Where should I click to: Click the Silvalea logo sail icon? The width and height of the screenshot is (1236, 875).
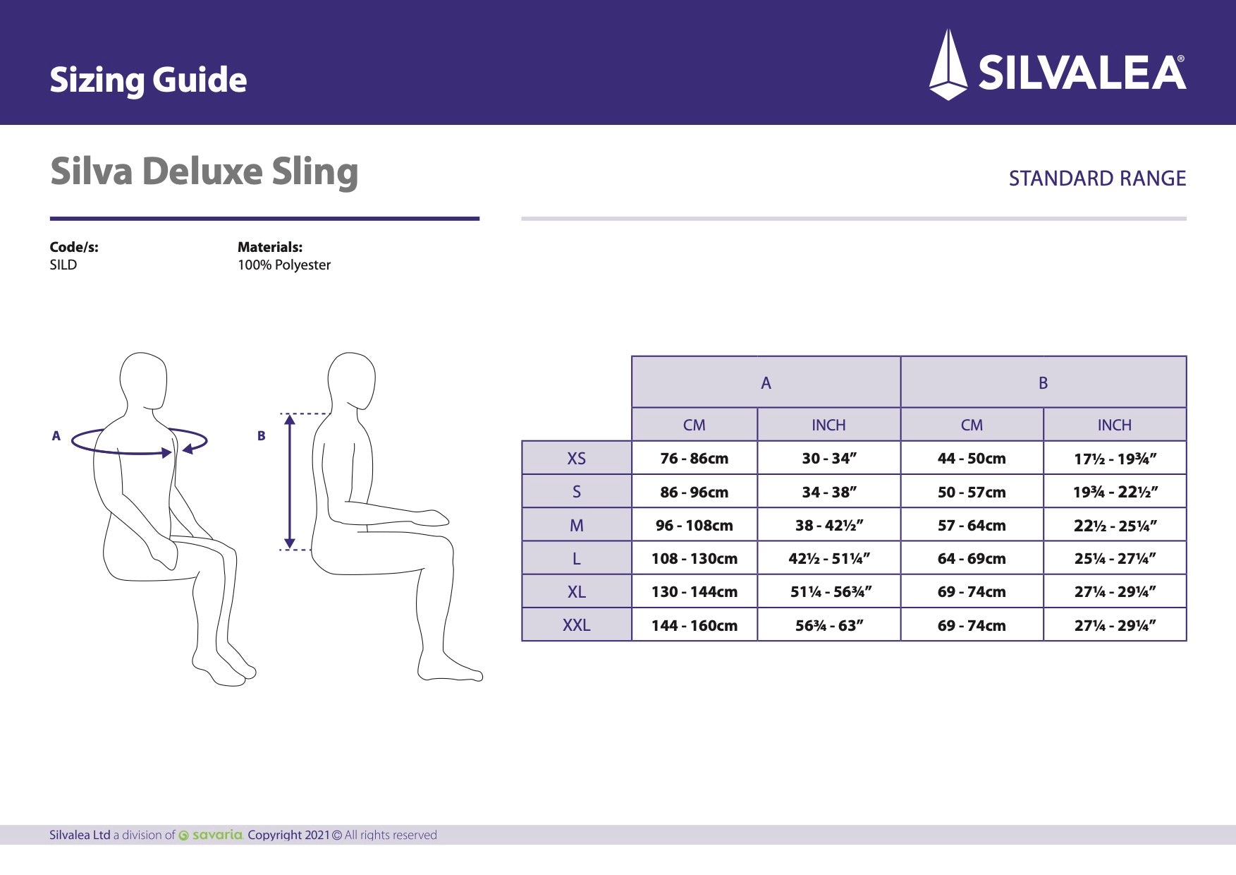tap(948, 65)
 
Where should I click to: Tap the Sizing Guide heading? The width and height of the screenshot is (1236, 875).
tap(148, 80)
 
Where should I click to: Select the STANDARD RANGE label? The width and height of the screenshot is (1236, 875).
tap(1097, 179)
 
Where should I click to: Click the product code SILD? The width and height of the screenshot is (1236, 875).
tap(63, 265)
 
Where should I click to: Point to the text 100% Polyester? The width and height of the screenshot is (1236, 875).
tap(283, 265)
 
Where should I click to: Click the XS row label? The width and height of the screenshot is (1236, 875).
tap(576, 458)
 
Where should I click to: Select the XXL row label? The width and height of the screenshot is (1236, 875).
tap(576, 624)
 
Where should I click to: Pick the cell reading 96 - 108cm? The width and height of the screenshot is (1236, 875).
tap(694, 525)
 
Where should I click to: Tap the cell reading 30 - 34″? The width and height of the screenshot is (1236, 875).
tap(828, 458)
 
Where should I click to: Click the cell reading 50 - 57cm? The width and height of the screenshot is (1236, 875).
tap(971, 492)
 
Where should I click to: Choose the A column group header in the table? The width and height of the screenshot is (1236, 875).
tap(766, 382)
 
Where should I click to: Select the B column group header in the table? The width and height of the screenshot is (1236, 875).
tap(1043, 382)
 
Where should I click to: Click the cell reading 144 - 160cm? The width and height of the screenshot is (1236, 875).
tap(694, 625)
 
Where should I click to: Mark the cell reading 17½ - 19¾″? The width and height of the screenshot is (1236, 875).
tap(1114, 459)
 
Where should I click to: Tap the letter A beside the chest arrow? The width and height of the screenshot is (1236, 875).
tap(56, 436)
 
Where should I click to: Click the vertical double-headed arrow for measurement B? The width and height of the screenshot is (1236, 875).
tap(289, 481)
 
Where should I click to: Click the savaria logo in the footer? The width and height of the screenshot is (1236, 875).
tap(211, 835)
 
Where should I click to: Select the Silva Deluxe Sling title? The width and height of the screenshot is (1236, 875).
tap(204, 171)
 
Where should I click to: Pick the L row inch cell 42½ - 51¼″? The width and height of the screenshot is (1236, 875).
tap(828, 558)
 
